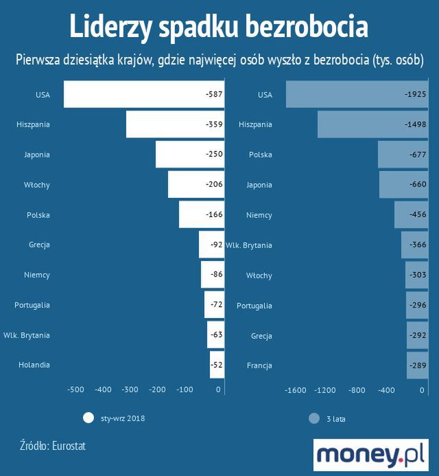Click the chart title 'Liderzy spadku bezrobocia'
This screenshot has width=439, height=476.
tap(219, 27)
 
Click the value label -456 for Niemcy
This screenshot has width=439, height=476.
tap(416, 215)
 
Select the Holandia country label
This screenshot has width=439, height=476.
tap(34, 365)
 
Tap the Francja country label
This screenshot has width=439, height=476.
tap(259, 365)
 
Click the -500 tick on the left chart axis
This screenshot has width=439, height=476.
tap(75, 389)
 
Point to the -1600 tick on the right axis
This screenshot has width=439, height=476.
tap(296, 389)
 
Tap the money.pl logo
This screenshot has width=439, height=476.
tap(370, 455)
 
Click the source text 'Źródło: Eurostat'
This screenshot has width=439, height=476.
tap(53, 446)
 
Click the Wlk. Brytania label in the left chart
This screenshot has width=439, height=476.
tap(26, 335)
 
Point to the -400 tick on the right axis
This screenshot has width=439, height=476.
tap(386, 389)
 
